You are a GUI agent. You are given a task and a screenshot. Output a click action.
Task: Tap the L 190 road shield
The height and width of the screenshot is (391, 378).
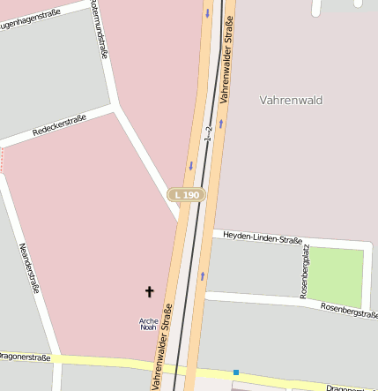(188, 194)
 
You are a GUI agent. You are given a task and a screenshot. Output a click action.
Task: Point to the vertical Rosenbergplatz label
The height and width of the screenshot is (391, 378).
(305, 273)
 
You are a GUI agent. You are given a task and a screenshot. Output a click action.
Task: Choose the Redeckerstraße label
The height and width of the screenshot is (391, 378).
(59, 124)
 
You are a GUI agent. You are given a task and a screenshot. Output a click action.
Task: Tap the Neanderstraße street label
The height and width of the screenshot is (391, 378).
(29, 267)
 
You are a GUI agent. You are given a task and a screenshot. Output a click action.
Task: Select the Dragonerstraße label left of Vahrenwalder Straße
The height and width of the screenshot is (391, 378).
(24, 357)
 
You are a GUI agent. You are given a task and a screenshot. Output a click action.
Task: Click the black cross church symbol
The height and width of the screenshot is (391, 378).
(149, 291)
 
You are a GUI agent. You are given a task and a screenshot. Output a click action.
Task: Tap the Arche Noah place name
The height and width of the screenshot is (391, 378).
(149, 324)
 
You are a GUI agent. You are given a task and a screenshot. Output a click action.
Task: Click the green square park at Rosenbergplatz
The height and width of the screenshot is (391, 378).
(336, 277)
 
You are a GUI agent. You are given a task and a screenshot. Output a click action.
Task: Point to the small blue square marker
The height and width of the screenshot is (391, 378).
(236, 372)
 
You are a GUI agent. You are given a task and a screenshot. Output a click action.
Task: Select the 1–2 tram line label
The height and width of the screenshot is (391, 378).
(209, 132)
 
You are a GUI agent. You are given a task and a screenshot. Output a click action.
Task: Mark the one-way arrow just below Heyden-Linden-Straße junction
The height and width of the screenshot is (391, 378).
(203, 275)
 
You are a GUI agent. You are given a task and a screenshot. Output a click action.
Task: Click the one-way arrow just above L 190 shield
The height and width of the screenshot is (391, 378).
(191, 165)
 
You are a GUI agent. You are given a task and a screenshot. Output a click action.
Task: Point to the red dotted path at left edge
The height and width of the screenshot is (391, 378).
(2, 159)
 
